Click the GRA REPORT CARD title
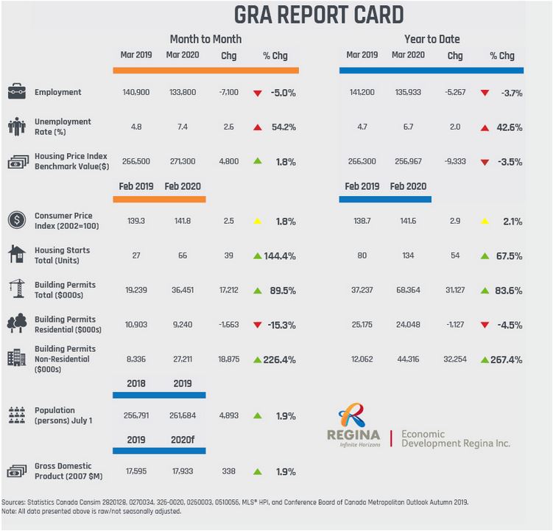coord(319,15)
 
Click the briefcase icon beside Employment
coord(17,93)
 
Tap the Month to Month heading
coord(205,39)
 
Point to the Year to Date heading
coord(432,39)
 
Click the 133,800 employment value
coord(181,93)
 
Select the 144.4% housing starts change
coord(281,256)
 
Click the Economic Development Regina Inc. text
coord(455,439)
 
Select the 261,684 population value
coord(181,415)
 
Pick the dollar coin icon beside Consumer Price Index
coord(17,220)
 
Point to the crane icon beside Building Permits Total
coord(17,289)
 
